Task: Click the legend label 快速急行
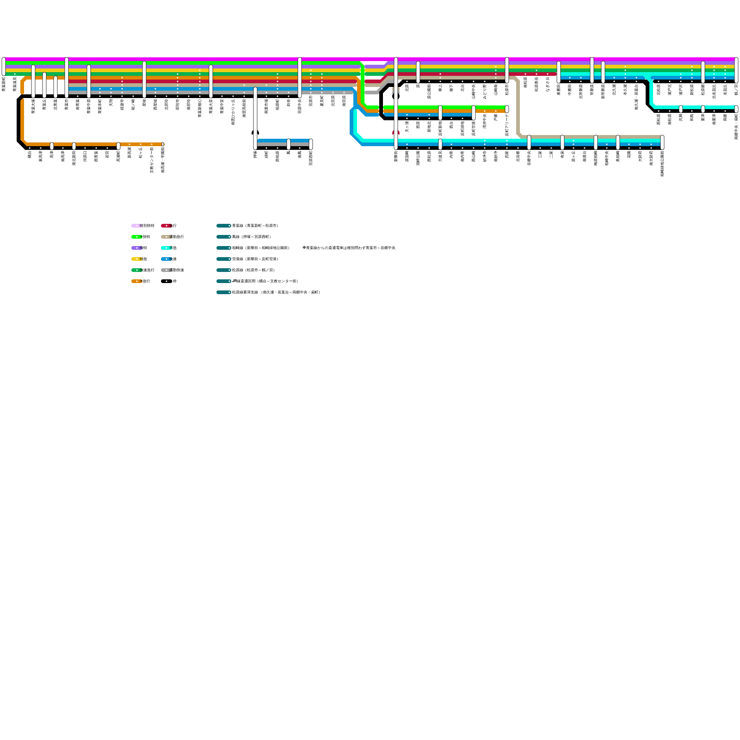[144, 270]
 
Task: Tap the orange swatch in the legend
[136, 281]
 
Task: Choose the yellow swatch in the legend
[136, 259]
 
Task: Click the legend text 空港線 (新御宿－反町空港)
[255, 259]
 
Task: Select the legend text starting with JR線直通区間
[265, 281]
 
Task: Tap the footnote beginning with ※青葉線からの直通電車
[349, 248]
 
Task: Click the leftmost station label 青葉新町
[4, 84]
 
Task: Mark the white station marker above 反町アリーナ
[507, 109]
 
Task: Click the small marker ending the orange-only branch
[163, 144]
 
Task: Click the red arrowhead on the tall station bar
[396, 133]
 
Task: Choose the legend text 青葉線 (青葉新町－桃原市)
[255, 226]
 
